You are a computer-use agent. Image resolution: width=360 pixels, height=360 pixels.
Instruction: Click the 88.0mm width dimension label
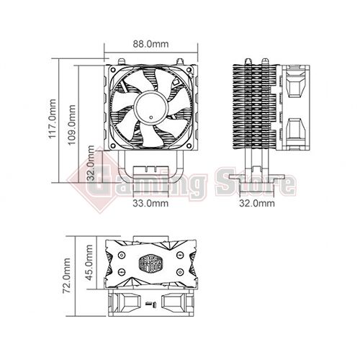click(151, 43)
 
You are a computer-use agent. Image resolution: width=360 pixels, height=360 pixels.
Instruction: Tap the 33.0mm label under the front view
click(150, 204)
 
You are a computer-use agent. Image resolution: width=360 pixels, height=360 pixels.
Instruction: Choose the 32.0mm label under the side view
click(257, 204)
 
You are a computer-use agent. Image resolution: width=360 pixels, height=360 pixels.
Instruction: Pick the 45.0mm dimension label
click(89, 264)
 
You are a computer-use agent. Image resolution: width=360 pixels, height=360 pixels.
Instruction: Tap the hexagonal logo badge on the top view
click(151, 262)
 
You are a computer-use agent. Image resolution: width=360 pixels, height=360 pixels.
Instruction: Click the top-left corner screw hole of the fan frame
click(113, 70)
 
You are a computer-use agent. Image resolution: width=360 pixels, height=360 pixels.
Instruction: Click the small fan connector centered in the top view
click(151, 307)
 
